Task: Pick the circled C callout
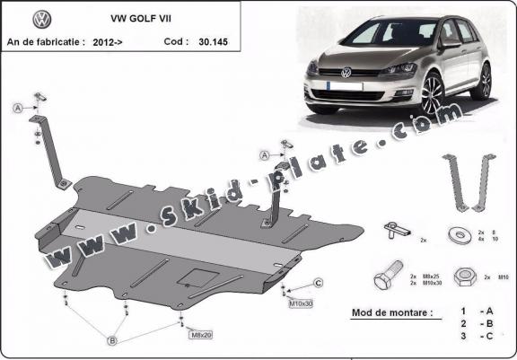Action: pos(318,284)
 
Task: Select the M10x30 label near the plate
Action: pos(301,303)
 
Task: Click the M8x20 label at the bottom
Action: pos(200,335)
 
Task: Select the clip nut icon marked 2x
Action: pos(395,230)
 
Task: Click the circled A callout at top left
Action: pos(17,109)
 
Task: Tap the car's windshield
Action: pos(377,35)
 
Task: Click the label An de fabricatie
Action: pos(46,41)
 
